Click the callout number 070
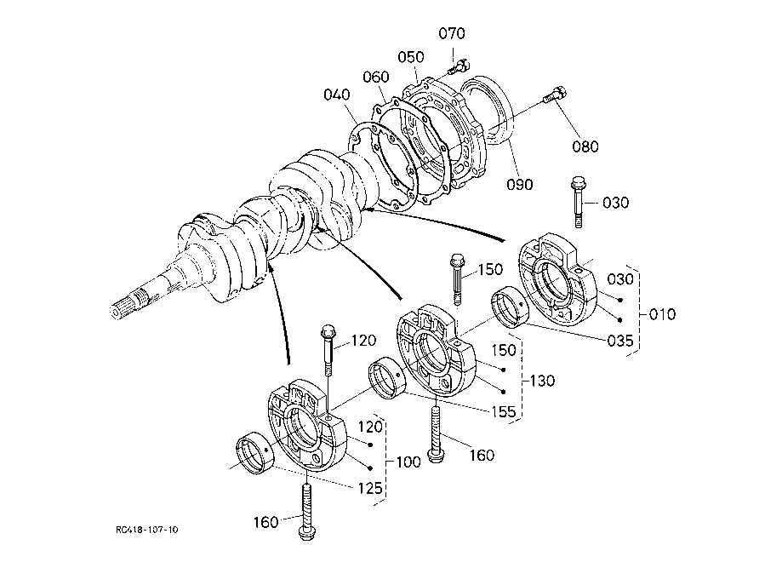click(452, 33)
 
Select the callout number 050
click(411, 57)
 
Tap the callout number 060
click(375, 77)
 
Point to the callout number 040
click(337, 95)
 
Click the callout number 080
click(585, 146)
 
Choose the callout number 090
click(520, 185)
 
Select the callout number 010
click(662, 314)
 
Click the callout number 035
click(620, 341)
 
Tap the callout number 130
click(542, 381)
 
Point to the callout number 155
click(503, 412)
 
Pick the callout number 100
click(408, 462)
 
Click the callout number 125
click(370, 488)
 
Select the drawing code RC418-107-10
click(146, 530)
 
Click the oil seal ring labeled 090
click(486, 110)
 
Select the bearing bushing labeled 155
click(387, 378)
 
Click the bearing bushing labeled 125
click(254, 453)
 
